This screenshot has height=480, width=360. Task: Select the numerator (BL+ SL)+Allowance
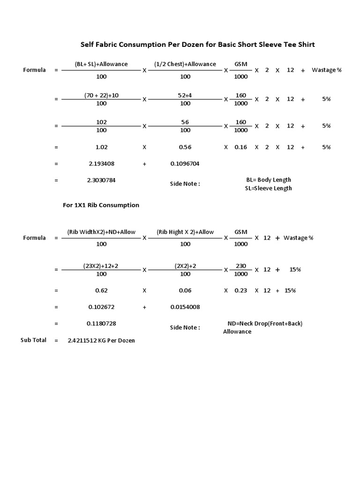[x=101, y=64]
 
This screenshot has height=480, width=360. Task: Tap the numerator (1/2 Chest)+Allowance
[x=185, y=64]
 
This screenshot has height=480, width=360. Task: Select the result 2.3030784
[x=101, y=180]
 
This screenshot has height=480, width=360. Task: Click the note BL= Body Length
[x=269, y=180]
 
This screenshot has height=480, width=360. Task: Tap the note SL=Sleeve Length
[x=269, y=188]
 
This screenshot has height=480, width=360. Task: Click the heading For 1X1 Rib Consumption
[x=101, y=205]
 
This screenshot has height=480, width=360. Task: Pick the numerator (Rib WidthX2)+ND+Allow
[x=101, y=232]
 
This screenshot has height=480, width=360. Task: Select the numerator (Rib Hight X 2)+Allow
[x=185, y=232]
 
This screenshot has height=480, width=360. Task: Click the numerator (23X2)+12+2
[x=101, y=266]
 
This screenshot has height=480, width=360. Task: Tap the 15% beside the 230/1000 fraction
[x=295, y=270]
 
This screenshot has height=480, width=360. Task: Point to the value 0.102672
[x=101, y=307]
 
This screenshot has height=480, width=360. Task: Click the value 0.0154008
[x=185, y=307]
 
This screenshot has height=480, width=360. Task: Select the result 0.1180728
[x=101, y=323]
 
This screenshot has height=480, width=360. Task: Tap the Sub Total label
[x=33, y=340]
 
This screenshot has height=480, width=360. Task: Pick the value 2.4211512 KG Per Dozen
[x=101, y=340]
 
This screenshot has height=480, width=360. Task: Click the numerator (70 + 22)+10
[x=101, y=95]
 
